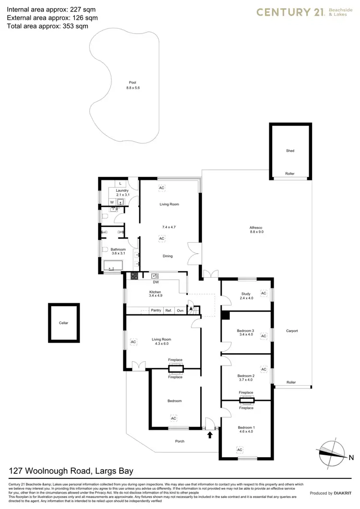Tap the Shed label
click(290, 151)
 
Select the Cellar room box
click(64, 323)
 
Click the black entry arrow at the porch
click(209, 435)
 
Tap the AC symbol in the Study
click(263, 293)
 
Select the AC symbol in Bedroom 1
click(239, 450)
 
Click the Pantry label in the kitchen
click(156, 310)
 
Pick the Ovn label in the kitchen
click(180, 310)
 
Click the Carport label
click(292, 331)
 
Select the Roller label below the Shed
click(290, 174)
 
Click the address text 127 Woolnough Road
click(71, 471)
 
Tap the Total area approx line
click(48, 26)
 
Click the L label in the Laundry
click(120, 183)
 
